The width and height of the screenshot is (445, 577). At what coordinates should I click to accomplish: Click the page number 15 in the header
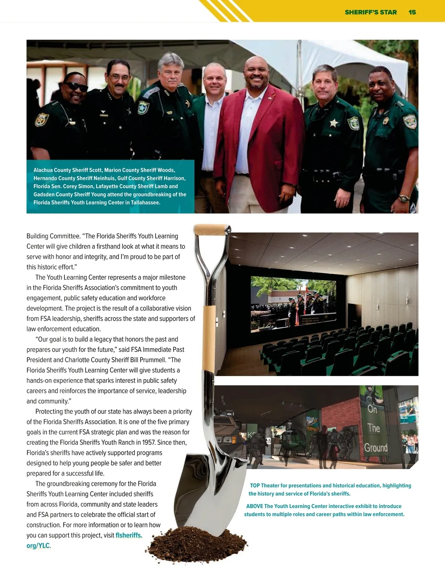coord(412,12)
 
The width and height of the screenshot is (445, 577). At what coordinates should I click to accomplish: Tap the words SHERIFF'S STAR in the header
coord(370,12)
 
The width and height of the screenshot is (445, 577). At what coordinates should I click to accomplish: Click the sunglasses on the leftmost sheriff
coord(76,87)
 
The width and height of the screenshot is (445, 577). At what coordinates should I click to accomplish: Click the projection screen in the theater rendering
coord(293,301)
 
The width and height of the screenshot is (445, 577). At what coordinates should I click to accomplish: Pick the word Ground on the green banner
coord(376,448)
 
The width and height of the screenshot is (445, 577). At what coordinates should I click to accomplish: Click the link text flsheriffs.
coord(129,535)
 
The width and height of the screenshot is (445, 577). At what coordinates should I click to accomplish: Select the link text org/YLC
coord(38,546)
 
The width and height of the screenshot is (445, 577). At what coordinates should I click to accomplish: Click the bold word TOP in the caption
coord(255,486)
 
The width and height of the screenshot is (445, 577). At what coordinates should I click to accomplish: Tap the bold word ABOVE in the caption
coord(254,506)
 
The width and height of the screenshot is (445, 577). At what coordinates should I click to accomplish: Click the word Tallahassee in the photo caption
coord(145,203)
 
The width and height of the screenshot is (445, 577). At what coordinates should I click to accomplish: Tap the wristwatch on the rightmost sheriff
coord(404,198)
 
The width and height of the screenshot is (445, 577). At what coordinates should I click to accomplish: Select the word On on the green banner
coord(372,409)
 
